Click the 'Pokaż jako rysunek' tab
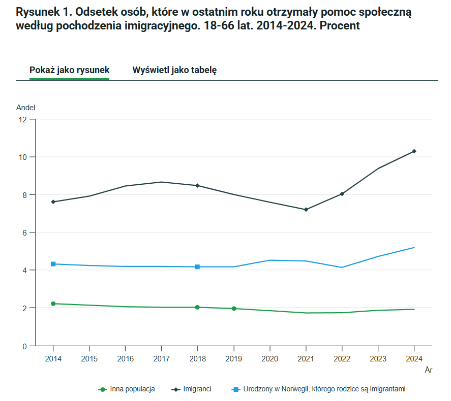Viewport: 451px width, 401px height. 69,70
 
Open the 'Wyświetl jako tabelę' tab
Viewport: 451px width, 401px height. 174,70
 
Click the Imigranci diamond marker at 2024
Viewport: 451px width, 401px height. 414,151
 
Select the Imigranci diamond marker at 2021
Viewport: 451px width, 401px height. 306,210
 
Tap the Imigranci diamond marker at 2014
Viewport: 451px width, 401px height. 53,202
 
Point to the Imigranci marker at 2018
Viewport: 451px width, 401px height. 197,186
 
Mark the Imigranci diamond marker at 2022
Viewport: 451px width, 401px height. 342,194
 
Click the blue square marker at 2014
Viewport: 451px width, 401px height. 53,264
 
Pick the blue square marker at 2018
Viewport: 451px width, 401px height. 197,267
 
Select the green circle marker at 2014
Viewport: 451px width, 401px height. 53,304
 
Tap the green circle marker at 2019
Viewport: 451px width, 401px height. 233,309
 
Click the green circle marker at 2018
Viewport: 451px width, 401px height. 197,307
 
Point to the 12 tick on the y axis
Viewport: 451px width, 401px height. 22,120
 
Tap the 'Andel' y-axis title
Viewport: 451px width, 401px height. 25,108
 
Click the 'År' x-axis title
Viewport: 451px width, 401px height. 428,370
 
